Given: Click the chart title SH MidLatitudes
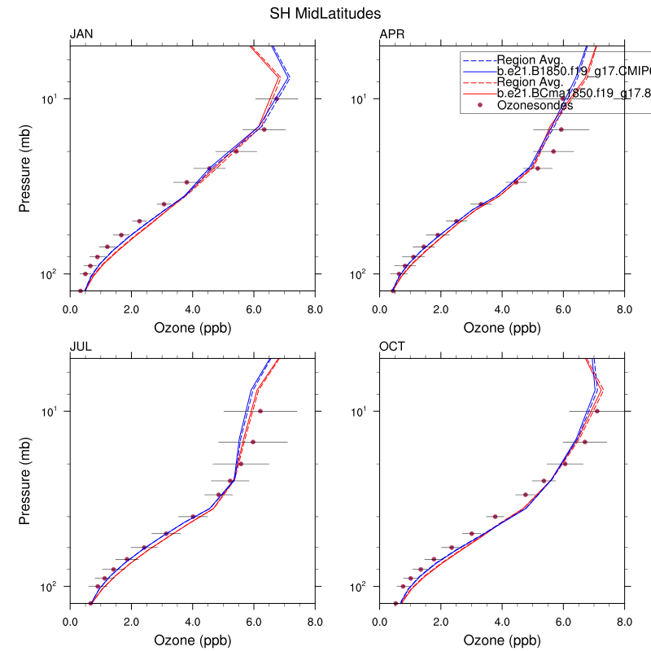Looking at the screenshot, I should (325, 14).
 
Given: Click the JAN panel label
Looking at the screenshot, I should (81, 34).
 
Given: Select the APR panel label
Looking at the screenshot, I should (392, 34).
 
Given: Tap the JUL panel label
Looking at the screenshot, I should (81, 347).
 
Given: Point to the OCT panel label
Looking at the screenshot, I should (393, 347).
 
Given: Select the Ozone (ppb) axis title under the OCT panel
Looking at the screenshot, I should (502, 640).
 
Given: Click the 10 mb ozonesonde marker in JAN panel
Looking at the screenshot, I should (277, 98).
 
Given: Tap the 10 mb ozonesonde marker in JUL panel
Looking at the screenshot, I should (260, 411).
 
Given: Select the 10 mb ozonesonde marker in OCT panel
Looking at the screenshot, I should (597, 411).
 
